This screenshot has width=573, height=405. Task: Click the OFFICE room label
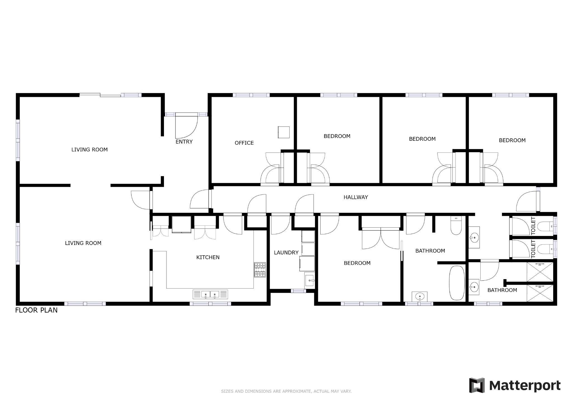[x=244, y=143]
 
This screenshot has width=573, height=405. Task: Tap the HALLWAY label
[x=356, y=197]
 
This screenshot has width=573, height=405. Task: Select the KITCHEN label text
[x=208, y=257]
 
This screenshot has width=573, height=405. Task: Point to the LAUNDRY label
[x=286, y=252]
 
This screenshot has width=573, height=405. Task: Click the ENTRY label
[x=184, y=142]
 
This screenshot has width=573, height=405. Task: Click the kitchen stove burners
[x=260, y=270]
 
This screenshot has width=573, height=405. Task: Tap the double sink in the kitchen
[x=210, y=294]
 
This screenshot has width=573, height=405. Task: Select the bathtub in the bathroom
[x=457, y=283]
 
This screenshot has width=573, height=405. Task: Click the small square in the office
[x=283, y=132]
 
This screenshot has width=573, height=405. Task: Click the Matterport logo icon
[x=477, y=385]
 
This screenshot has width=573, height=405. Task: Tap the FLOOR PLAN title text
[x=36, y=310]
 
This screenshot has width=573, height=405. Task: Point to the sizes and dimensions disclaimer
[x=286, y=391]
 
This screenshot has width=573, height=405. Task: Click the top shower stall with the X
[x=540, y=272]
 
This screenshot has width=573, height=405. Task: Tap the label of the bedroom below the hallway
[x=357, y=263]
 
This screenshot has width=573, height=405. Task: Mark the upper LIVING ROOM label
[x=90, y=150]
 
